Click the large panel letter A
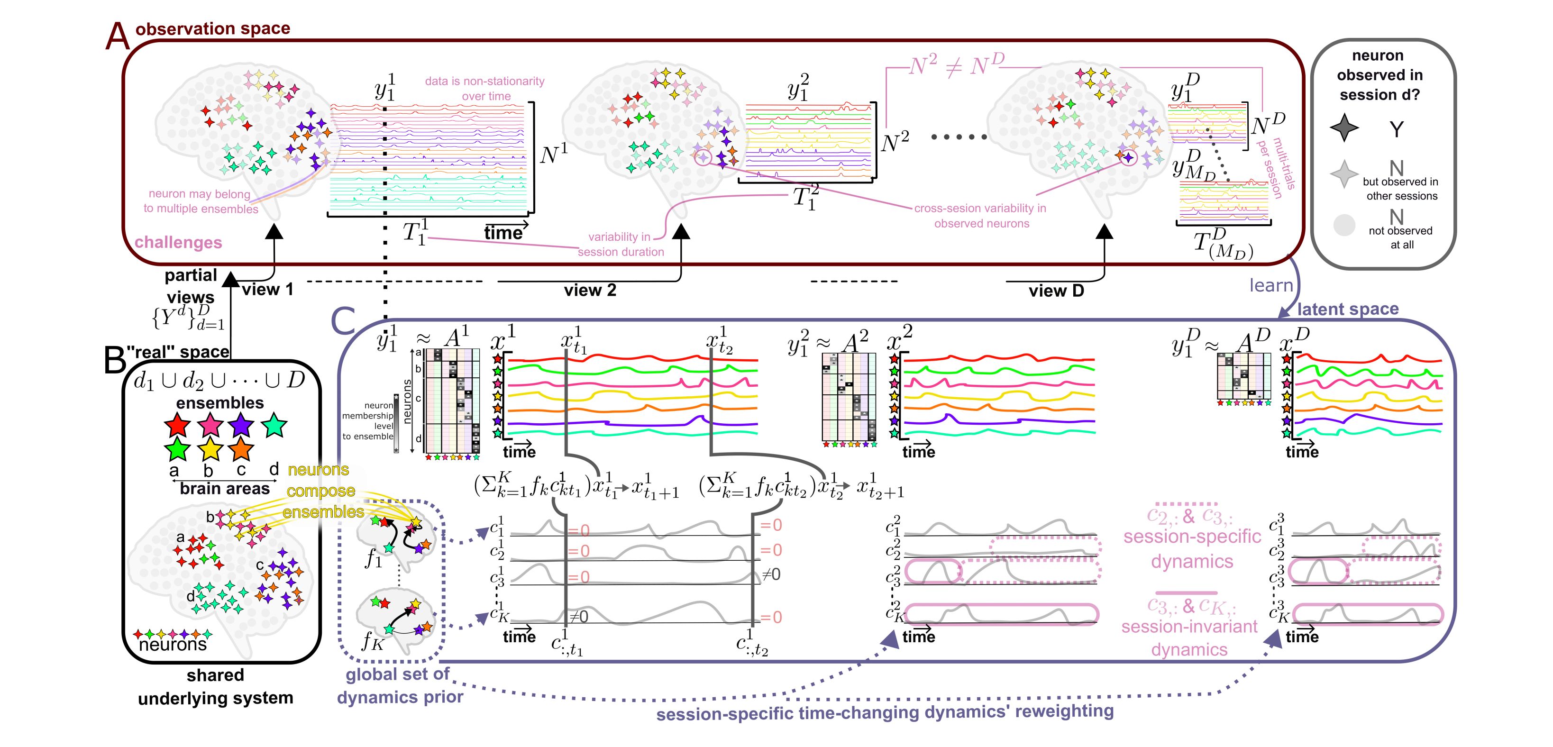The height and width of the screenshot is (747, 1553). [x=117, y=36]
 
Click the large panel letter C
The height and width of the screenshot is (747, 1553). [x=343, y=321]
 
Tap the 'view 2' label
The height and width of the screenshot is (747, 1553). [x=590, y=291]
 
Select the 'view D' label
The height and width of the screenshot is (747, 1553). [x=1056, y=291]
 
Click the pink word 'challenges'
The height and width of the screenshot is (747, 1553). [x=178, y=242]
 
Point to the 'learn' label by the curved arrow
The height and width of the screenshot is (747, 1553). [x=1271, y=285]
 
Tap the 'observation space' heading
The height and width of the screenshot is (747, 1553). [x=212, y=28]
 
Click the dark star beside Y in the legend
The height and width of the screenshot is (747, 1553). [x=1344, y=128]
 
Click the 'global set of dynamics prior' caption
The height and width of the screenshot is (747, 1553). [x=400, y=685]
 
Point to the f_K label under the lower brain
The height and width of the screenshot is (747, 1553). [x=372, y=641]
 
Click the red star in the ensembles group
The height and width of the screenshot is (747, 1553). [x=177, y=425]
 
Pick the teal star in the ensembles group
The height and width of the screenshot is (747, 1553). [x=274, y=425]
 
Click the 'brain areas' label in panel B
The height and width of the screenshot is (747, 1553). [x=224, y=488]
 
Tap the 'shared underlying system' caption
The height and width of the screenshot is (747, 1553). [x=215, y=687]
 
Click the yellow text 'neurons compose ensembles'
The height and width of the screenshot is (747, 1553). [x=322, y=491]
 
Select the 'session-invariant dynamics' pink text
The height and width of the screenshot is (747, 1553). [x=1189, y=638]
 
